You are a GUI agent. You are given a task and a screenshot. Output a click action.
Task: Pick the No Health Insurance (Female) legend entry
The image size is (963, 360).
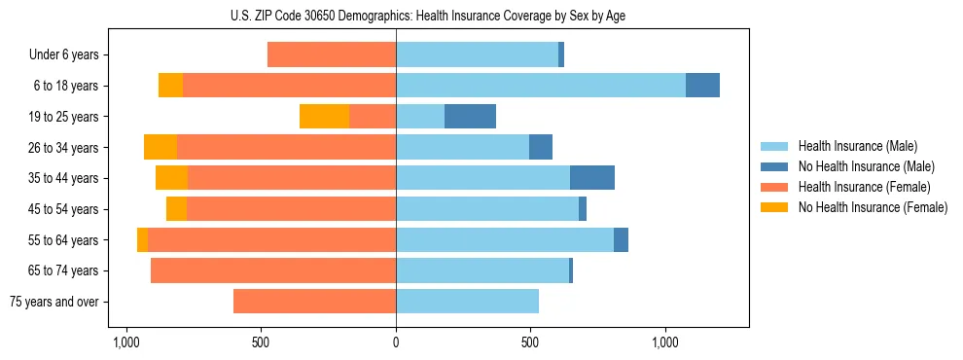(x=873, y=207)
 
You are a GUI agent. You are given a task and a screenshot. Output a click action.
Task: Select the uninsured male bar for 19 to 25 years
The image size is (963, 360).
(x=470, y=117)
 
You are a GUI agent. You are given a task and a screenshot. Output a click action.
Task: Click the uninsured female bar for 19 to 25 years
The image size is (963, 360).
(x=324, y=117)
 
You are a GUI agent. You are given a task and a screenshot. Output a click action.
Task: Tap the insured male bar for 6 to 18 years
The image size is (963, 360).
(x=541, y=86)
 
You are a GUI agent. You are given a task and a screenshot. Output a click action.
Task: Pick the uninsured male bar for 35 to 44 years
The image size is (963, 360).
(x=591, y=178)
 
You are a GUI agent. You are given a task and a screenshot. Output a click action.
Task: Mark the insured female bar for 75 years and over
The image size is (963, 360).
(x=314, y=302)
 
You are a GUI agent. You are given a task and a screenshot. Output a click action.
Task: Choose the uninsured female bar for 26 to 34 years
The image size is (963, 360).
(x=160, y=147)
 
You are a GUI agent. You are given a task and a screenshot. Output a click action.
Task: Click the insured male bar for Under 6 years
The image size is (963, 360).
(x=477, y=54)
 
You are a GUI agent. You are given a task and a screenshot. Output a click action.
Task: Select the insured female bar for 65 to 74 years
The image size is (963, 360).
(x=273, y=270)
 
